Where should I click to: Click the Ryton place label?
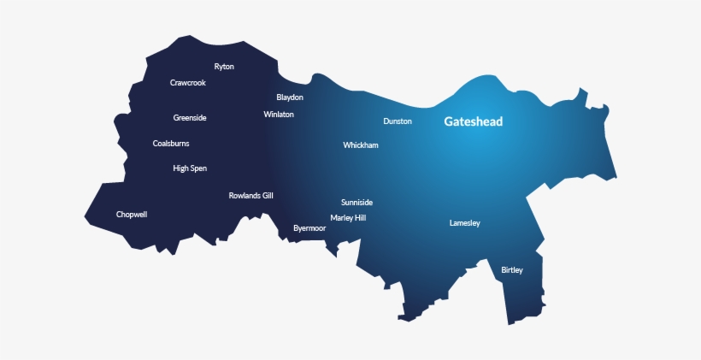[224, 67]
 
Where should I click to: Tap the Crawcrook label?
[188, 83]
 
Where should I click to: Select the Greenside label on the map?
[190, 118]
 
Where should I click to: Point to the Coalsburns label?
[171, 144]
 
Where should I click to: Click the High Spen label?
[190, 168]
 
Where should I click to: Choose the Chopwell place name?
[132, 215]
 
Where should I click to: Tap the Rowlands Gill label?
[250, 196]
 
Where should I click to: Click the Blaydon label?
[290, 97]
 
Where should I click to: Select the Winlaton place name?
[279, 114]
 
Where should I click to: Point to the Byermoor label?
[309, 228]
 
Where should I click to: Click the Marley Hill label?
[348, 218]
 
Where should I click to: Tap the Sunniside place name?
[356, 203]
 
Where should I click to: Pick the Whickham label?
[361, 145]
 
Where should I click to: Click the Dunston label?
[398, 121]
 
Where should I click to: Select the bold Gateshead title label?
[474, 121]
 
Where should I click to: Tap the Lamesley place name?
[465, 223]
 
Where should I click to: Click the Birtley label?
[512, 270]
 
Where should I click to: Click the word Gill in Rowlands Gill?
[267, 196]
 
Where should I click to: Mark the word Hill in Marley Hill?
[360, 218]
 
